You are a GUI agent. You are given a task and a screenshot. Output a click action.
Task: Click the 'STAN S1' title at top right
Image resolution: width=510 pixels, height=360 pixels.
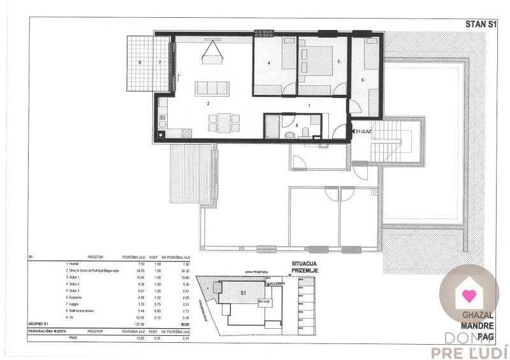482,25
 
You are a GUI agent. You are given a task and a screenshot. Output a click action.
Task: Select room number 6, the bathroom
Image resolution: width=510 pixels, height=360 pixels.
288,125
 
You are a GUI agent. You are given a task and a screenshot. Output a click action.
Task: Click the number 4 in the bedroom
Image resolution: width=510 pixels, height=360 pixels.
270,63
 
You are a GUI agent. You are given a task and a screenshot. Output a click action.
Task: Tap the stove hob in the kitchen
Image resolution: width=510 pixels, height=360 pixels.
188,133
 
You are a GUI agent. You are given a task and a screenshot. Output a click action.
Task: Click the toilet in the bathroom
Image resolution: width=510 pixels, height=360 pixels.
307,132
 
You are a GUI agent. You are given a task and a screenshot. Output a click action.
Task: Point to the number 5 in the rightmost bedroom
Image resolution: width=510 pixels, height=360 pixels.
362,80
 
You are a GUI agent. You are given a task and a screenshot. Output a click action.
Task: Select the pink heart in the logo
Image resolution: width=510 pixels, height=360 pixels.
469,295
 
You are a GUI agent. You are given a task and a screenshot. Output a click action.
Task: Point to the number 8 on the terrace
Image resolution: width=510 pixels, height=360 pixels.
139,62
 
